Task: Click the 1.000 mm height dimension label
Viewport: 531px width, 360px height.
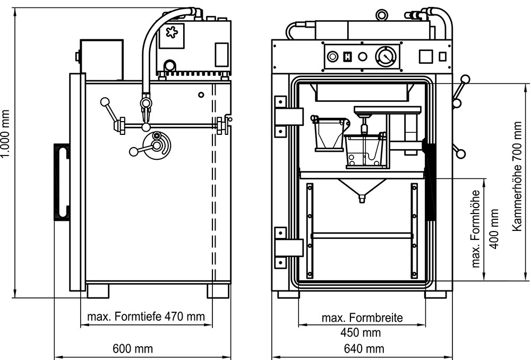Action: tap(6, 141)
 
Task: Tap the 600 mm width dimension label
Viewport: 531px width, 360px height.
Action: tap(133, 349)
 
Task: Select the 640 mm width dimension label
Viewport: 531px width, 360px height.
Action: tap(364, 349)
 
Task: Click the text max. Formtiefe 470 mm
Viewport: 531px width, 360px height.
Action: tap(146, 317)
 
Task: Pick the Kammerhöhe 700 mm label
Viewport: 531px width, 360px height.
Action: tap(519, 176)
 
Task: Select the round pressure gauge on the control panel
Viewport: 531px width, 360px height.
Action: tap(386, 56)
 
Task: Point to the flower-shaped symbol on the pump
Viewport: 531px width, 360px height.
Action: tap(172, 32)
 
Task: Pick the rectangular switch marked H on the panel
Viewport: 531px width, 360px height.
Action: tap(348, 56)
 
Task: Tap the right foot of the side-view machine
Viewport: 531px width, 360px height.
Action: tap(218, 290)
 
